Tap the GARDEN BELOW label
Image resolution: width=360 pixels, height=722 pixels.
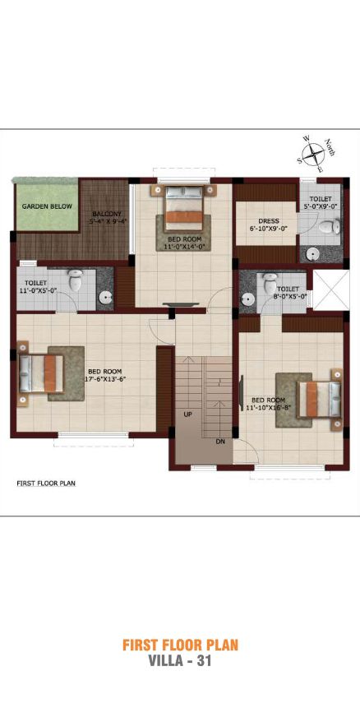(x=47, y=206)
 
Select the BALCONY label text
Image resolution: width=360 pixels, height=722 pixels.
(x=107, y=214)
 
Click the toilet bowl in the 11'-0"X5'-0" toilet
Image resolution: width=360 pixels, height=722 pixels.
(x=75, y=280)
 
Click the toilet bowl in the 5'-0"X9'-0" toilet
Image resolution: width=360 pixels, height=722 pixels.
(x=330, y=226)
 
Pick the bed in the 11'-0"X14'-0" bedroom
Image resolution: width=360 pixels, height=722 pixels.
(x=183, y=208)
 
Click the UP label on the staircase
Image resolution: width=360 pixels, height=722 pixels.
(x=188, y=414)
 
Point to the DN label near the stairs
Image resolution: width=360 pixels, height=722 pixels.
(x=220, y=442)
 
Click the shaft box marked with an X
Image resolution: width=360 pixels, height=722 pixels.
(x=330, y=290)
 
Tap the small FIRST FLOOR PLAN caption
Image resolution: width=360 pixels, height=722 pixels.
(x=46, y=484)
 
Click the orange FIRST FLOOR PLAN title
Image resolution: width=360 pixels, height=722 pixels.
(x=181, y=645)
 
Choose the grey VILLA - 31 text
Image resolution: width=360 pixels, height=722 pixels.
(x=180, y=661)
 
